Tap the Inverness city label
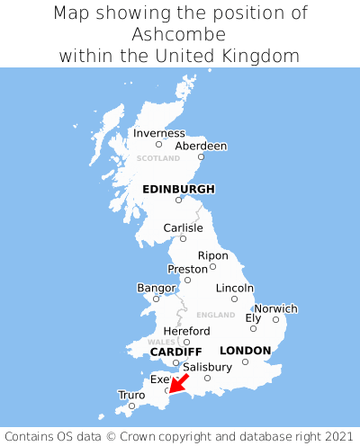(158, 133)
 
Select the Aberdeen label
(201, 146)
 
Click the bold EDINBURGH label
(178, 189)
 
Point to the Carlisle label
(183, 227)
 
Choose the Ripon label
(213, 255)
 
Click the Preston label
(187, 269)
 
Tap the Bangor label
(156, 288)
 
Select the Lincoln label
(235, 288)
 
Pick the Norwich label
(275, 308)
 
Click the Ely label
(253, 317)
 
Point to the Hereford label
(186, 331)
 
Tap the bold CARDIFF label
(175, 351)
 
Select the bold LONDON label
(245, 350)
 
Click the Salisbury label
(207, 367)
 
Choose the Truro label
(131, 395)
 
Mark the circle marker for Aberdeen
(202, 157)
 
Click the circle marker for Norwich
(275, 319)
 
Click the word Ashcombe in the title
(179, 34)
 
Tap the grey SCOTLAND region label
(158, 158)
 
